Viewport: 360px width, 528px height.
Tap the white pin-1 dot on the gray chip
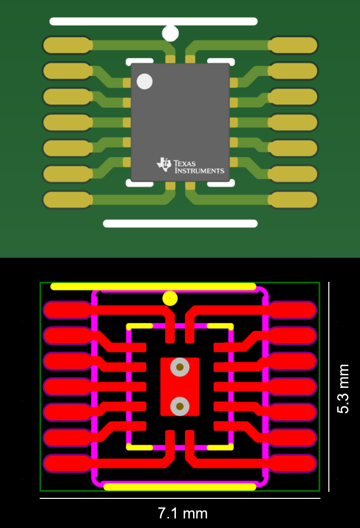[x=145, y=81]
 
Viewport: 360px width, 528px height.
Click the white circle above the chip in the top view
[x=170, y=33]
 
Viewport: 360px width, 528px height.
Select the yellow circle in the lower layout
[x=170, y=298]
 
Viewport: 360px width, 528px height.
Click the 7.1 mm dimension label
[x=183, y=513]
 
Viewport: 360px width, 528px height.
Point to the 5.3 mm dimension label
[x=343, y=389]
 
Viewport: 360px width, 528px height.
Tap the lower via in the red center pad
[x=179, y=405]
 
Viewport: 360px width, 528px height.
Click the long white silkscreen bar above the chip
[x=153, y=22]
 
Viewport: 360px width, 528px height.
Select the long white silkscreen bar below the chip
[x=180, y=224]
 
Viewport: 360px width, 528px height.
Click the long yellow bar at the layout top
[x=153, y=286]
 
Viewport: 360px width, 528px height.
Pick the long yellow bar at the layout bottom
[x=180, y=486]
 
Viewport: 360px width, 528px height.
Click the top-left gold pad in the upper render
[x=67, y=45]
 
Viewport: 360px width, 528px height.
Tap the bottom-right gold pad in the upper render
[x=293, y=200]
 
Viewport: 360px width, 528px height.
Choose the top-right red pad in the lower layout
[x=293, y=309]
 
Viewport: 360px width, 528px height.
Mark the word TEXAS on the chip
[x=185, y=163]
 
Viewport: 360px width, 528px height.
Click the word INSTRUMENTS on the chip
[x=199, y=171]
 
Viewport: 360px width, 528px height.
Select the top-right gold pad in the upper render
[x=293, y=45]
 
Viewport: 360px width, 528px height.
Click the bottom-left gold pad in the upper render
[x=67, y=200]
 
